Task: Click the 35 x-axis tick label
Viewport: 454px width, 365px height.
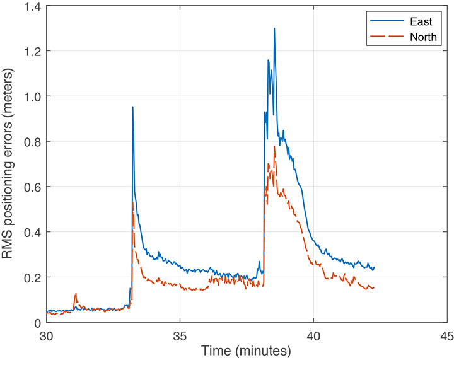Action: pos(180,335)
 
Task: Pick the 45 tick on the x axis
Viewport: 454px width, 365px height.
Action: pos(446,335)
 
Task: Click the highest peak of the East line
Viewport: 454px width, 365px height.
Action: pos(274,28)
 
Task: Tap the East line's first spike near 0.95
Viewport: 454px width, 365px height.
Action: pos(132,107)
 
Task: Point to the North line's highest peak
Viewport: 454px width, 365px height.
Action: pos(274,147)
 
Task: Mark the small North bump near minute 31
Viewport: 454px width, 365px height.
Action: pos(76,293)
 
